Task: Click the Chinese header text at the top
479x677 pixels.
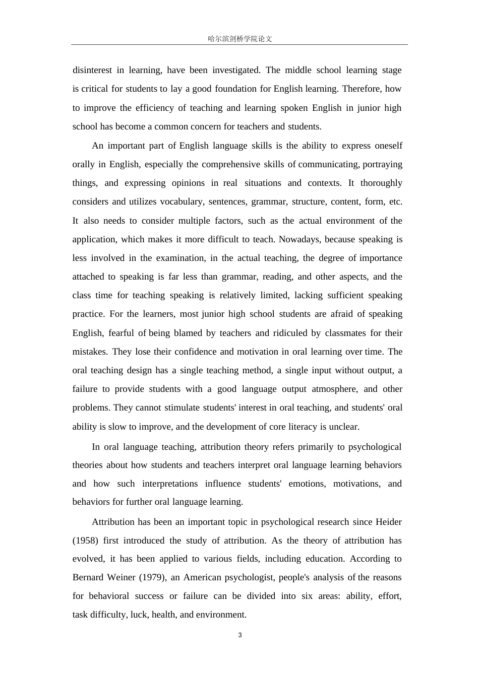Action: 239,39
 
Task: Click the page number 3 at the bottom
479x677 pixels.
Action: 239,635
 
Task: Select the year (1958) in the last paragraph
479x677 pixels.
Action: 85,540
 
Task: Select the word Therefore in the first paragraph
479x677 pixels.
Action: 361,89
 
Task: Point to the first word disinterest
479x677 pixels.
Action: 92,70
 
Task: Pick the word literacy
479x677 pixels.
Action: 308,427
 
